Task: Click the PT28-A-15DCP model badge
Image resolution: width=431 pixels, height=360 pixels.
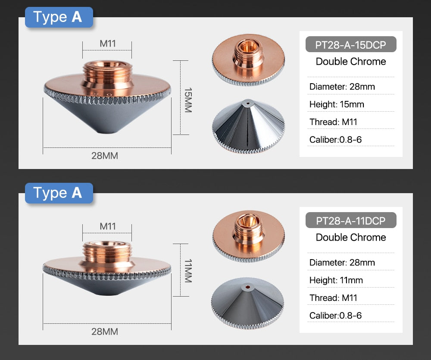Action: pos(351,44)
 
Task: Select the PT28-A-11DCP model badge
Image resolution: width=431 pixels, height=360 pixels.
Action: pos(351,220)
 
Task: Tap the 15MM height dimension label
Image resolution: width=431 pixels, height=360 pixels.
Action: pos(188,100)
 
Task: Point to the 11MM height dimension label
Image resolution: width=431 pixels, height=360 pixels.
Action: pos(188,271)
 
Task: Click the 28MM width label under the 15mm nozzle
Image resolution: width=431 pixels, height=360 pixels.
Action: pos(105,156)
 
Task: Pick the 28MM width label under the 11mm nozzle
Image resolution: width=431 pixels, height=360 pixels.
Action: pos(105,332)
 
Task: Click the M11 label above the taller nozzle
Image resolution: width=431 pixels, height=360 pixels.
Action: pos(108,44)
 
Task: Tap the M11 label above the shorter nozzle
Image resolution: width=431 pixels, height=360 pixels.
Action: pos(108,226)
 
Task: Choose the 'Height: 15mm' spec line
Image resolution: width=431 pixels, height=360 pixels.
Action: pos(337,104)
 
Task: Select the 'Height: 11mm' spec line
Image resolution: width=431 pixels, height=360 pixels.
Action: pos(336,280)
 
